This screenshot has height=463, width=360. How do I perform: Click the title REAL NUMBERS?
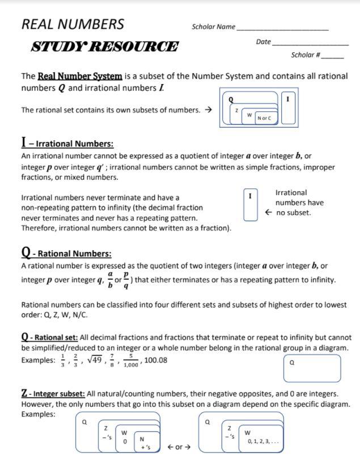pos(73,24)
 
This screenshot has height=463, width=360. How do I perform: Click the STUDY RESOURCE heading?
pos(104,47)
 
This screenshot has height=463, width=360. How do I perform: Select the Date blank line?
pos(310,43)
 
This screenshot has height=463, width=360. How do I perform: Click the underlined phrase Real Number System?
pos(80,76)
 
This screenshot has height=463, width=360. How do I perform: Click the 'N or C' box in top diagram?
pos(264,118)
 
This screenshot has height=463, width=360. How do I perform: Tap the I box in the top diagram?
pos(287,107)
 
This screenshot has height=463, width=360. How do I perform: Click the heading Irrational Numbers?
pos(67,143)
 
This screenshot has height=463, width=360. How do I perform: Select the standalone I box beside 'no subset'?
pos(250,205)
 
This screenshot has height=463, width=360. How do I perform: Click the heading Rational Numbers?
pos(66,253)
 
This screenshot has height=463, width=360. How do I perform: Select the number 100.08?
pos(156,360)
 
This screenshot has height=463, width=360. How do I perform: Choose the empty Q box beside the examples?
pos(312,368)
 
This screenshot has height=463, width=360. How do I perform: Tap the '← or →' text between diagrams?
pos(179,447)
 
